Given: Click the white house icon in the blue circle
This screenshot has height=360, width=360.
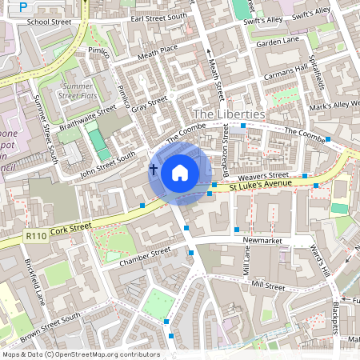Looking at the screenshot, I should pyautogui.click(x=180, y=172).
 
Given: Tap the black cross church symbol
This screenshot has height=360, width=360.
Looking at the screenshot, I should pyautogui.click(x=153, y=169).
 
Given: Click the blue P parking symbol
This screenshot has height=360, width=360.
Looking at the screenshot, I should pyautogui.click(x=22, y=6).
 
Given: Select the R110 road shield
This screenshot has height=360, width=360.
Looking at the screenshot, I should pyautogui.click(x=36, y=235).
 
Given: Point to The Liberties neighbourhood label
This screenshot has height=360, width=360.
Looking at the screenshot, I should pyautogui.click(x=229, y=114).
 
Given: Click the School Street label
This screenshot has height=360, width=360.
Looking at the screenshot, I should pyautogui.click(x=49, y=22).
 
